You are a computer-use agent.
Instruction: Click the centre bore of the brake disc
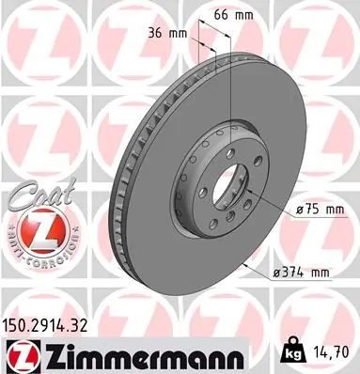click(216, 182)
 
